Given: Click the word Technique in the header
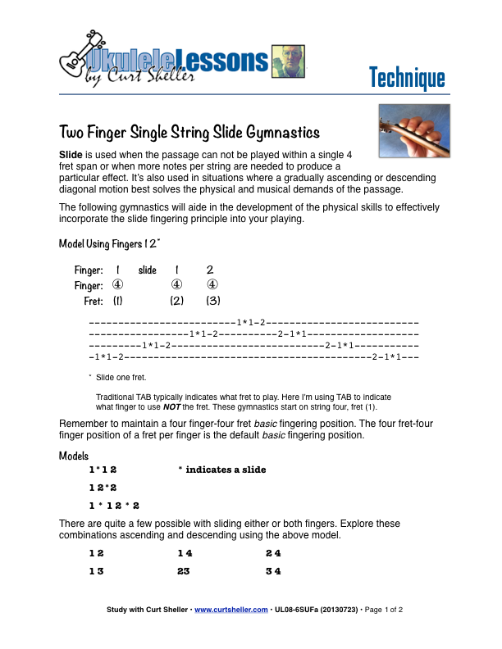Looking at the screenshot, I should click(407, 78).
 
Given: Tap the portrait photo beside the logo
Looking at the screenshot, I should click(287, 61).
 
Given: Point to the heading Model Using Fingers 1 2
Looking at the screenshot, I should click(109, 244).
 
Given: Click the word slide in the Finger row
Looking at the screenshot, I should click(148, 270).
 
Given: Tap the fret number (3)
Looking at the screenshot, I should click(212, 301).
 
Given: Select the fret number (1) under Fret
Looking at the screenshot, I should click(117, 301).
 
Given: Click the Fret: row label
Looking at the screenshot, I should click(93, 301).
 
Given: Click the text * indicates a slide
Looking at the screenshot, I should click(222, 470).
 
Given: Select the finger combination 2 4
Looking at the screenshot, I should click(274, 554).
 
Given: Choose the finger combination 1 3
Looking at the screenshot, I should click(97, 571).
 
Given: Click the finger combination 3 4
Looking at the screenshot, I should click(274, 571).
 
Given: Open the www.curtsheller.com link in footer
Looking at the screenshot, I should click(230, 610).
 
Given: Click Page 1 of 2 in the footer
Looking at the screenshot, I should click(383, 610).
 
